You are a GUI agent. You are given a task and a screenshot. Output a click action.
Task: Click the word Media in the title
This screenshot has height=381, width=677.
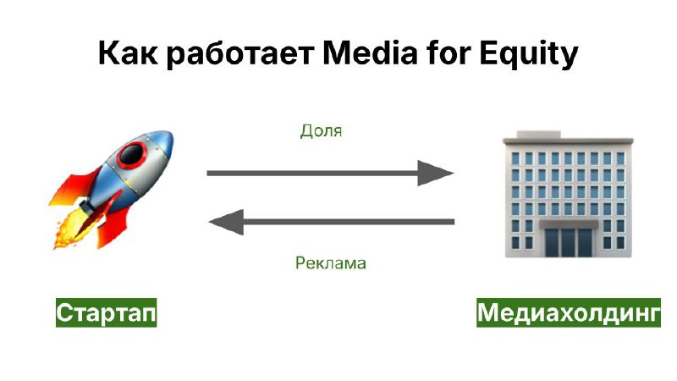[x=370, y=52]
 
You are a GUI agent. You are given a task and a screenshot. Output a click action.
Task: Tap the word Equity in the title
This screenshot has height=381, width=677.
[x=528, y=54]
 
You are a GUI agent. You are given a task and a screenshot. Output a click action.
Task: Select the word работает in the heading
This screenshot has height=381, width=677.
[x=240, y=55]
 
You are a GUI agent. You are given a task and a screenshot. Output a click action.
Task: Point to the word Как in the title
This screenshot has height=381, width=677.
[x=128, y=52]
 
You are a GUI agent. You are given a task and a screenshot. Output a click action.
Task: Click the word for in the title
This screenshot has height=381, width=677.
[x=449, y=52]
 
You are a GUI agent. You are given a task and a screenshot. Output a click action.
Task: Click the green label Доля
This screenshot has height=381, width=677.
[x=321, y=131]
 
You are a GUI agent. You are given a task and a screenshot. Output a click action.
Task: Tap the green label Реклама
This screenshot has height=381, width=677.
[x=331, y=262]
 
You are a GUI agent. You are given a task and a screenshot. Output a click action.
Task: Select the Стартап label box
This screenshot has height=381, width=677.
[x=107, y=312]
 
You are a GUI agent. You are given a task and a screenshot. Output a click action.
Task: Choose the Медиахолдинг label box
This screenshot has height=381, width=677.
[x=569, y=312]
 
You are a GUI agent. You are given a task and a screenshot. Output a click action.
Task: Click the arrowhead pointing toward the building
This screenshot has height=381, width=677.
[x=434, y=174]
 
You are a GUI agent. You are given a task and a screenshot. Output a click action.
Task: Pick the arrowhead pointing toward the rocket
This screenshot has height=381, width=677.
[x=226, y=222]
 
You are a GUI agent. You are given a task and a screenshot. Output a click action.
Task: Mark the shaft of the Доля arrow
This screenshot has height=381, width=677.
[x=312, y=174]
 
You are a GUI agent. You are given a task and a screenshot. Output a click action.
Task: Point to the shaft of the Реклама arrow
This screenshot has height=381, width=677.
[x=349, y=222]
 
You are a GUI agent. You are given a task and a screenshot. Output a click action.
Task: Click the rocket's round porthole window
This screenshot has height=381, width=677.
[x=131, y=154]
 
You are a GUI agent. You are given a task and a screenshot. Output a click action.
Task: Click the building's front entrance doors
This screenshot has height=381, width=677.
[x=568, y=242]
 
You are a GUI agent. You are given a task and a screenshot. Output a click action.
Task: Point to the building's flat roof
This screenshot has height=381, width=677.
[x=568, y=139]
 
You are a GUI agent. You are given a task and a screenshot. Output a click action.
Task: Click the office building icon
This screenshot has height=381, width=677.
[x=568, y=195]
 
